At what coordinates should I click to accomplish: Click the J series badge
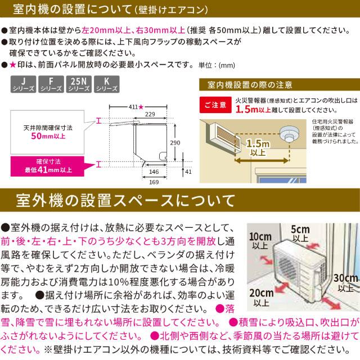pyautogui.click(x=23, y=84)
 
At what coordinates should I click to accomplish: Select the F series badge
pyautogui.click(x=51, y=84)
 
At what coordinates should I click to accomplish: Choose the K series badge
pyautogui.click(x=106, y=84)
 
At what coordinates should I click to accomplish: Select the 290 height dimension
pyautogui.click(x=175, y=143)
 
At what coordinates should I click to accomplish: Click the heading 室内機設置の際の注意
pyautogui.click(x=249, y=85)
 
